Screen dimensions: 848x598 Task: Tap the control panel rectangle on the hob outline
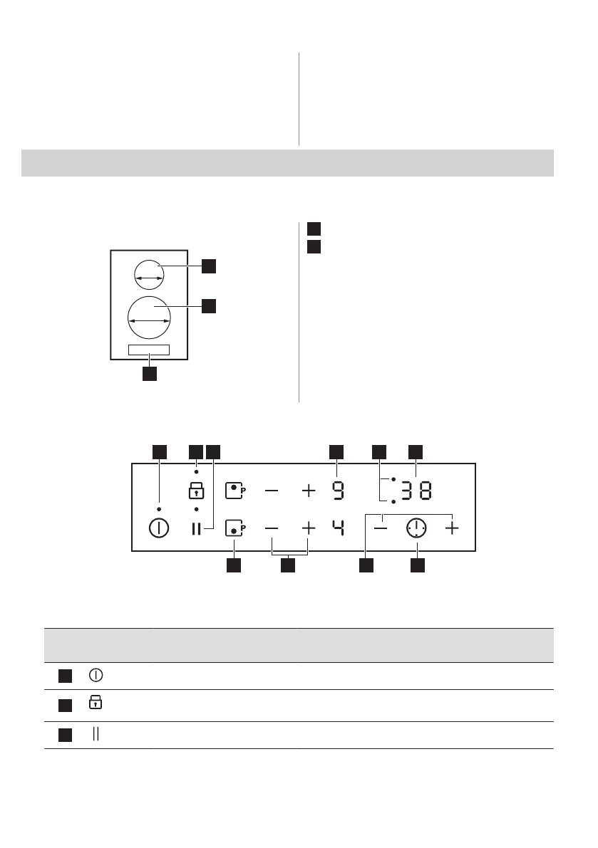(149, 349)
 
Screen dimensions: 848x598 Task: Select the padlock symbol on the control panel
(196, 491)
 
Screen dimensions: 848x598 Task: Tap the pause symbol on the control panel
(196, 528)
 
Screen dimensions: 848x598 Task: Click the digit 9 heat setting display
(338, 491)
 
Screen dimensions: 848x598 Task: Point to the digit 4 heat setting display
(338, 528)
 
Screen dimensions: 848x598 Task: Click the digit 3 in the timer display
(406, 491)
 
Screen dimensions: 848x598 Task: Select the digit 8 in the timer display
(425, 491)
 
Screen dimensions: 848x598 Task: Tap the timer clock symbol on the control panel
(416, 528)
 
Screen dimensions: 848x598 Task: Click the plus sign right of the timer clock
(452, 528)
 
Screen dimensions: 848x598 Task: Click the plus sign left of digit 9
(308, 491)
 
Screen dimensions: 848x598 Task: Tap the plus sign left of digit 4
(308, 528)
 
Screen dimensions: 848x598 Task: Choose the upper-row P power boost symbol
(234, 491)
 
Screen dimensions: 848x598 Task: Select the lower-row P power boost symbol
(234, 528)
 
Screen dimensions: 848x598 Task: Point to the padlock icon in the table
(94, 703)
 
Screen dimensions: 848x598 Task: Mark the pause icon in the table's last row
(94, 735)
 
